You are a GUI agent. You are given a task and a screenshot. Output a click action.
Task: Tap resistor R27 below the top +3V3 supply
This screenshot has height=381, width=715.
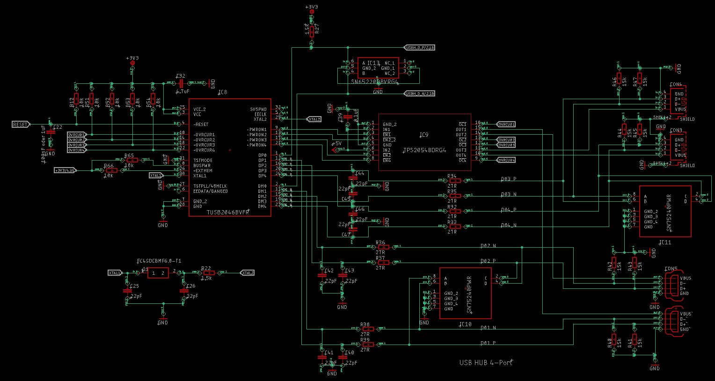(x=312, y=31)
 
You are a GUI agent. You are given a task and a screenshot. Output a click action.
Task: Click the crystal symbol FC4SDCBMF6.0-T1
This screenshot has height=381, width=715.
(x=158, y=273)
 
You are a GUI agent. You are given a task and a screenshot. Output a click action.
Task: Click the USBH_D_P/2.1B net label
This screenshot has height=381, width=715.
(x=419, y=48)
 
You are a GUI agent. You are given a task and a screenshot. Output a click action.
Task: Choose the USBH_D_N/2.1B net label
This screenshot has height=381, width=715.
(x=419, y=94)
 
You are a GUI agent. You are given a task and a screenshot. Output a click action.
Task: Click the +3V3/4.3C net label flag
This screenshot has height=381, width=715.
(x=65, y=170)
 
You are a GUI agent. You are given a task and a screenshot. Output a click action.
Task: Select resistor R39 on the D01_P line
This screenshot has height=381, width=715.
(x=365, y=344)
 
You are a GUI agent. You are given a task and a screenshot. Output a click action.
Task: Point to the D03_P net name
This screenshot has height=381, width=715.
(x=508, y=179)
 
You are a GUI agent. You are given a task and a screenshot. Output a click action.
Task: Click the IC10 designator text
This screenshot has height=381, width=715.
(x=465, y=324)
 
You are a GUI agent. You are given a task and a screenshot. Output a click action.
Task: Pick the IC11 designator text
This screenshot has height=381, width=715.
(x=664, y=242)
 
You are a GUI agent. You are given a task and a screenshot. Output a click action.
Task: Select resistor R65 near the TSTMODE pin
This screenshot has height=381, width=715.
(x=130, y=160)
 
